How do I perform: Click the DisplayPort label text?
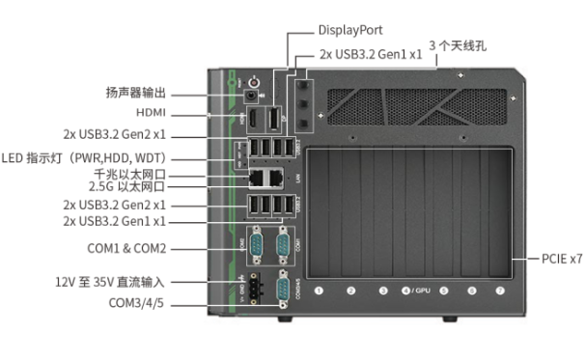pos(350,30)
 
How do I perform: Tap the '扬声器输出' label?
pos(136,94)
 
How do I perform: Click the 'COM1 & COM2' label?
pos(127,249)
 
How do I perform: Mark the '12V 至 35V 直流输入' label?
pos(110,283)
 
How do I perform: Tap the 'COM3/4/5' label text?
pos(134,304)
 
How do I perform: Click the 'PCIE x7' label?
pos(561,259)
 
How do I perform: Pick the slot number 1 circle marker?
pos(320,291)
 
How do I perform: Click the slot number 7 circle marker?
pos(500,291)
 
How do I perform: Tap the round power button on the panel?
pos(254,82)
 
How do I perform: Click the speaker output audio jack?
pos(254,96)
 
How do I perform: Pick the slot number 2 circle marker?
pos(350,291)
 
